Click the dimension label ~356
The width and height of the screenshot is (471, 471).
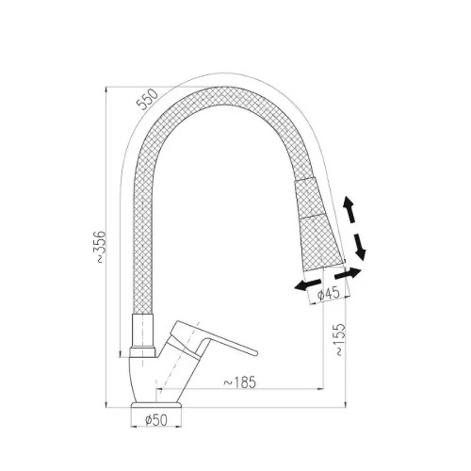point(101,247)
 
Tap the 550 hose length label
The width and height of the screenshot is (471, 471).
point(148,99)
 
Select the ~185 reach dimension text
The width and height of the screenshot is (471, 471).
point(239,382)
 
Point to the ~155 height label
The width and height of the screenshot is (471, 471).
point(340,339)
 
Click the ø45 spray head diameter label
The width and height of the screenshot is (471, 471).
point(329,294)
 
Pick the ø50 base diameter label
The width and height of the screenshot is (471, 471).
point(156,420)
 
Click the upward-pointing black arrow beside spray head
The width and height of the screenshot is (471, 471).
point(349,209)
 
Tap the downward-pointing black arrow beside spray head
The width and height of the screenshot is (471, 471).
point(360,247)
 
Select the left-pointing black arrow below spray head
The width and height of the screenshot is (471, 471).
point(308,284)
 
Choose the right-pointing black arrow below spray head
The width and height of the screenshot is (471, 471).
point(348,274)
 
